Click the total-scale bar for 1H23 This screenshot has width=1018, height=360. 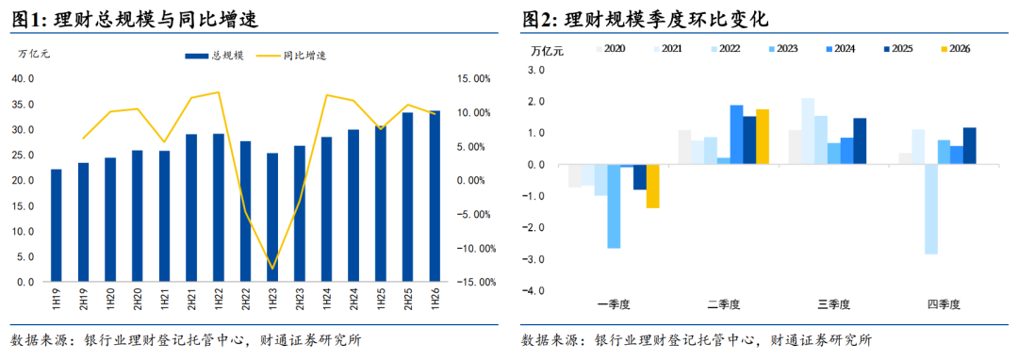[x=272, y=218]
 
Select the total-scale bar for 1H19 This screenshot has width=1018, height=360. [x=57, y=226]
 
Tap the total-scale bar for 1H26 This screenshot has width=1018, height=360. [x=435, y=197]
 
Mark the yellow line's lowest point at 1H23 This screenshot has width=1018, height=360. [x=272, y=269]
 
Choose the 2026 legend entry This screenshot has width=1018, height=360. [x=955, y=49]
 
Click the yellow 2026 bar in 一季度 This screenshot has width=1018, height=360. [x=652, y=187]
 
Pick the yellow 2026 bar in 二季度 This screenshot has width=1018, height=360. [x=763, y=137]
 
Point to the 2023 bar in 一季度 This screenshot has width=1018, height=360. [x=614, y=206]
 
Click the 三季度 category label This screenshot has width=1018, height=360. [x=833, y=303]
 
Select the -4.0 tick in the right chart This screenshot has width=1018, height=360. [x=539, y=291]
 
